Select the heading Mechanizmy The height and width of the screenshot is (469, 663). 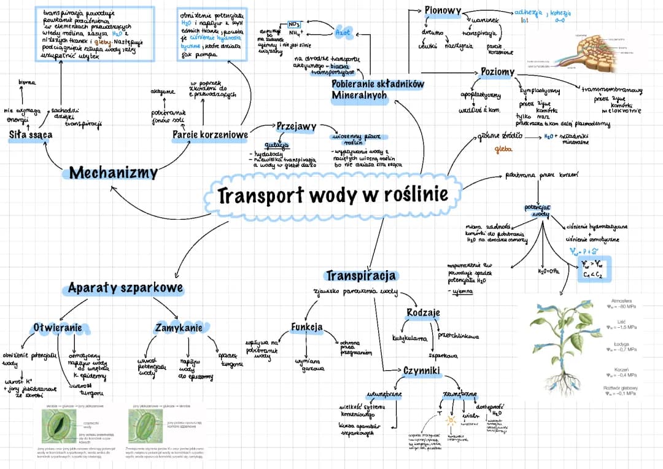[113, 173]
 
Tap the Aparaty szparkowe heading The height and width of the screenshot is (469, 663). [125, 287]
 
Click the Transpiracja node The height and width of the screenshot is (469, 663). [361, 276]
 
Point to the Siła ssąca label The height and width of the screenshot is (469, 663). [31, 134]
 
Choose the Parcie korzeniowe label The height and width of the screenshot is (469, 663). [211, 134]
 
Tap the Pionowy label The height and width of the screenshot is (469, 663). [442, 11]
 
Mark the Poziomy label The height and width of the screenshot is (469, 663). [497, 72]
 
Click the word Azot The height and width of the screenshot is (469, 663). [344, 30]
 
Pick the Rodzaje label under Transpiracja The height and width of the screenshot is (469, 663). [424, 312]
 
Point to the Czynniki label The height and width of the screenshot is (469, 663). [422, 371]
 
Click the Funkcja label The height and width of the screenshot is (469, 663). [307, 327]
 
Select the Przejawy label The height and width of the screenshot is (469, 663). [297, 126]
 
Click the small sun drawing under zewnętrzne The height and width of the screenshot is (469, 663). [451, 421]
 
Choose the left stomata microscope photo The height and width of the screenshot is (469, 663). [60, 427]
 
